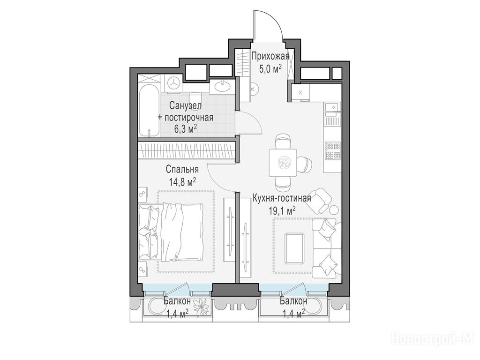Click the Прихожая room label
coord(270,57)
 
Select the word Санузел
coord(186,106)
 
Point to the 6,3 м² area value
coord(186,129)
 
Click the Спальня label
coord(182,169)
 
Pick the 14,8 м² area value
coord(182,182)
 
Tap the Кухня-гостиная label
coord(282,198)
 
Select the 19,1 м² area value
coord(282,210)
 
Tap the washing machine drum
coord(174,82)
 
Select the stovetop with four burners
coord(332,150)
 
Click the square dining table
coord(283,163)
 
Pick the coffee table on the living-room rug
coord(294,248)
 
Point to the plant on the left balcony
coord(202,306)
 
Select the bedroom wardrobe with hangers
coord(187,150)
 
